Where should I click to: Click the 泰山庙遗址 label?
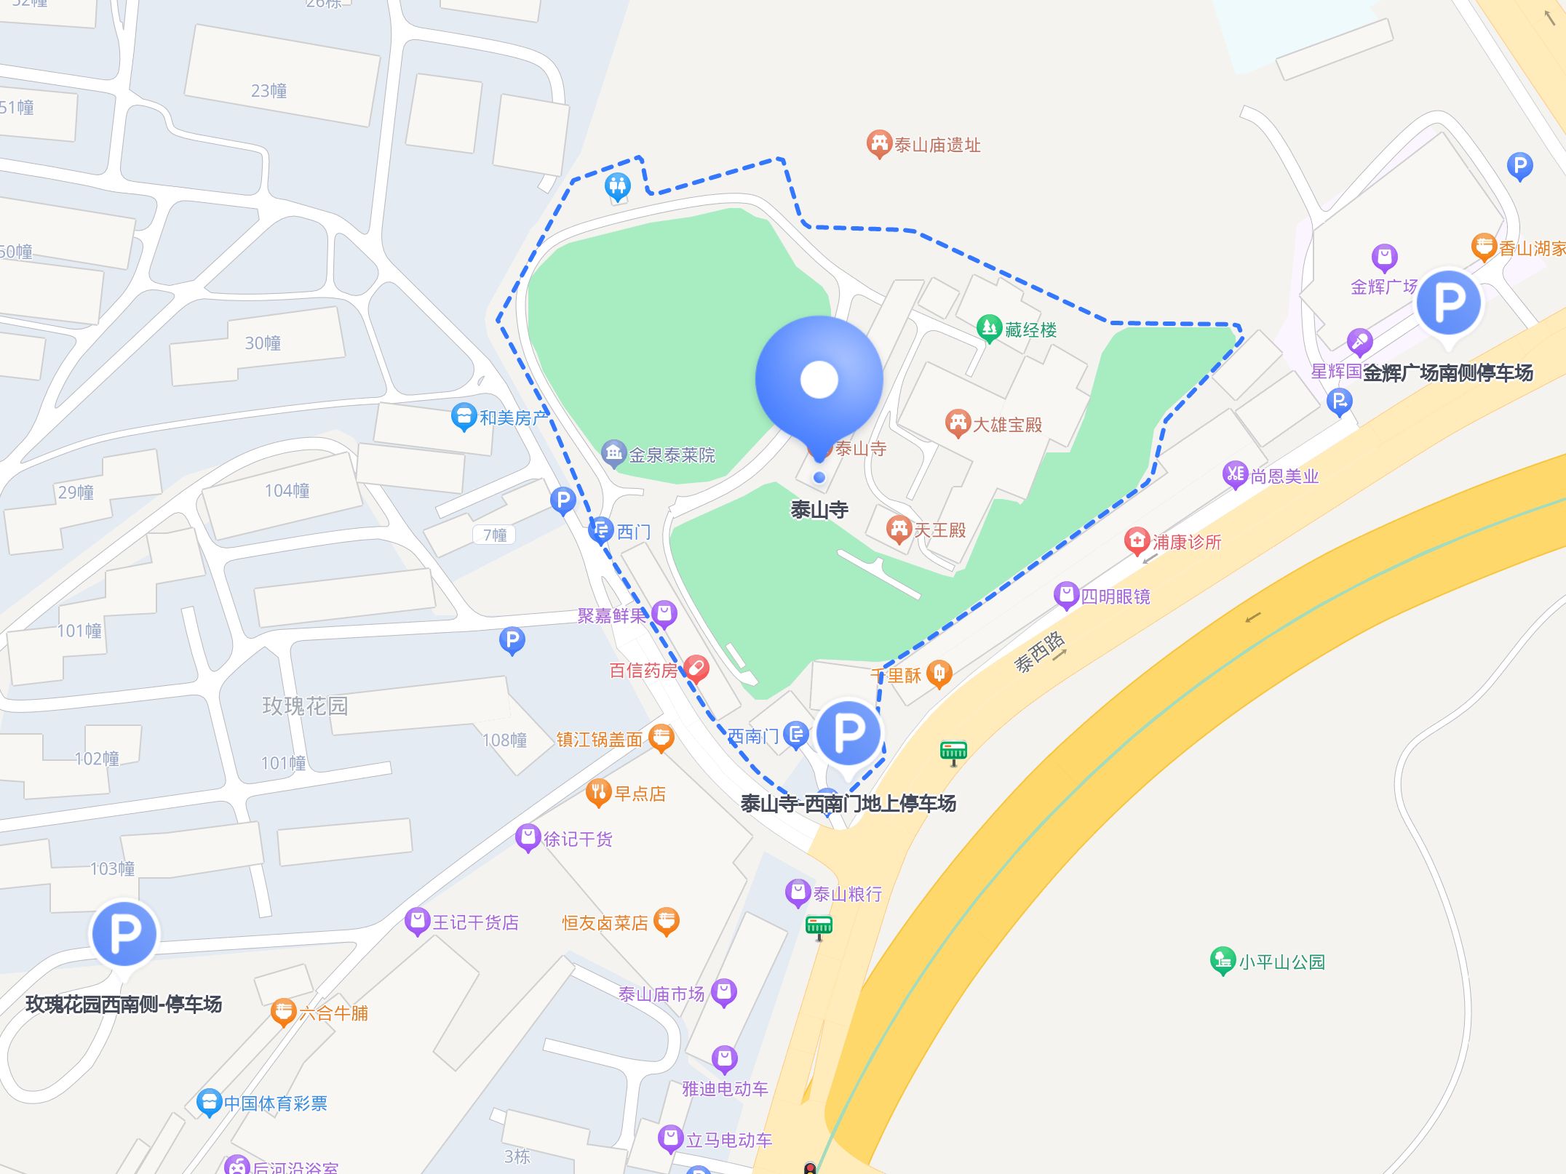point(937,145)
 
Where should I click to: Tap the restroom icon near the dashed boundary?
point(617,187)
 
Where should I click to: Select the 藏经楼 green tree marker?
point(988,328)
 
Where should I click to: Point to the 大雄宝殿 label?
point(1007,425)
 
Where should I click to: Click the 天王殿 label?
point(939,530)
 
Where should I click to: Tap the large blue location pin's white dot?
point(819,380)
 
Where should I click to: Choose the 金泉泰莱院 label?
point(672,455)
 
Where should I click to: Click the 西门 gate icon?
point(600,530)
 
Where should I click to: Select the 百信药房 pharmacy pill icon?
point(696,668)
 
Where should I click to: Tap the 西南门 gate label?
point(753,737)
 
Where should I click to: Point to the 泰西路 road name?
point(1040,651)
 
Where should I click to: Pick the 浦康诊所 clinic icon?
point(1136,540)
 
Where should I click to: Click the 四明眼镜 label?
point(1115,597)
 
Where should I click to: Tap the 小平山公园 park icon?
point(1222,960)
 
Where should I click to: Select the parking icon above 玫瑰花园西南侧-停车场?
point(124,933)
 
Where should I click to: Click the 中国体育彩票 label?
point(275,1103)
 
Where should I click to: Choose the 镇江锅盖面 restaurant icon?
point(661,738)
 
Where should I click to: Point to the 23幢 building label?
point(269,91)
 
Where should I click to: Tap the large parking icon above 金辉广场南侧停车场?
point(1447,302)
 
